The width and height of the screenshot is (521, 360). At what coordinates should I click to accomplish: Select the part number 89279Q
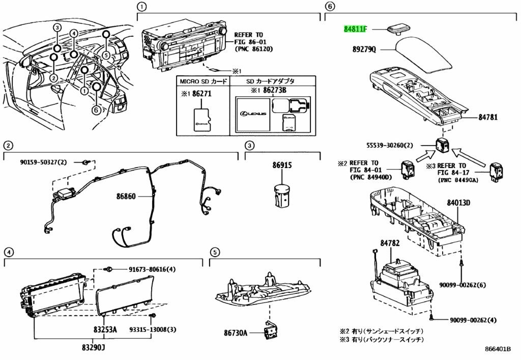(x=363, y=50)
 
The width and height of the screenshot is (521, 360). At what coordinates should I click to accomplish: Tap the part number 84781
(x=487, y=118)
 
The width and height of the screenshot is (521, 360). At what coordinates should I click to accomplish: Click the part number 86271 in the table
(x=202, y=94)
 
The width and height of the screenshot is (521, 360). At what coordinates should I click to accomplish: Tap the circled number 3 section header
(x=250, y=146)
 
